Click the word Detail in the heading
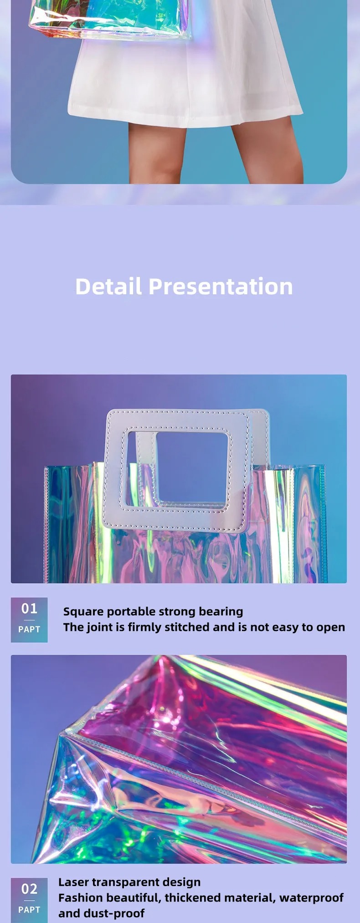(108, 287)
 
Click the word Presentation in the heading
(221, 287)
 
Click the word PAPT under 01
(29, 629)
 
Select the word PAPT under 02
(29, 909)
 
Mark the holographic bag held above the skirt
(109, 18)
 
